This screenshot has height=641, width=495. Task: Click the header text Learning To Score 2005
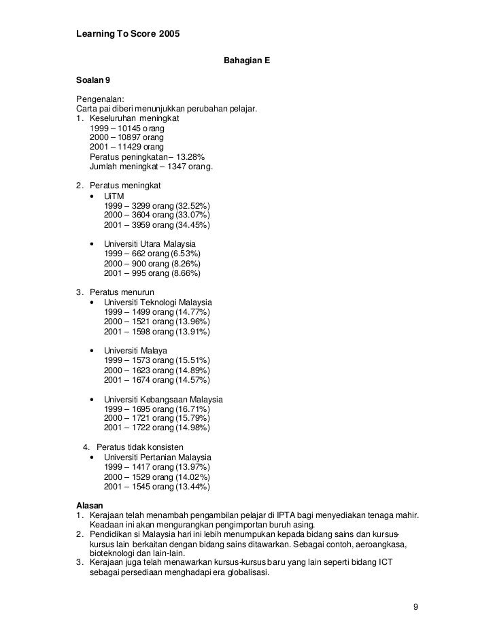[127, 34]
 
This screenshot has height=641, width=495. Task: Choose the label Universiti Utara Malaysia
[150, 244]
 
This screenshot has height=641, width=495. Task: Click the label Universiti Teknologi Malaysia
[158, 302]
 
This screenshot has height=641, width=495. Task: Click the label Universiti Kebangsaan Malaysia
[163, 399]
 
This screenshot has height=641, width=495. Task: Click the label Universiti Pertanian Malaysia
[158, 457]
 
